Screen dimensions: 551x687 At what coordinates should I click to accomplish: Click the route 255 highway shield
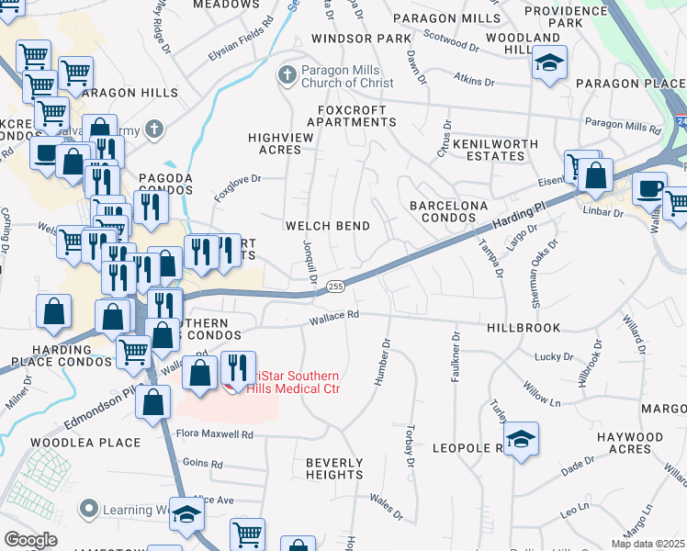coord(335,287)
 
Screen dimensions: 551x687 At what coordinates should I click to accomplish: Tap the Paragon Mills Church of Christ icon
coord(288,74)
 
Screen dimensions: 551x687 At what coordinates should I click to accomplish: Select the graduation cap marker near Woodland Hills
coord(549,63)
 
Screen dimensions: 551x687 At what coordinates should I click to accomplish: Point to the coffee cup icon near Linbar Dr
coord(648,188)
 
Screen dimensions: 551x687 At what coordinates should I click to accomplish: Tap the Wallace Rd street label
coord(332,315)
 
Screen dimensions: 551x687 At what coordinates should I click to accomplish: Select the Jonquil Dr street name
coord(310,261)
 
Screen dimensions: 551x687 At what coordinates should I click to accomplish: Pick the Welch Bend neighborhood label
coord(328,226)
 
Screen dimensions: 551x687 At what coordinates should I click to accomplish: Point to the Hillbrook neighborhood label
coord(522,326)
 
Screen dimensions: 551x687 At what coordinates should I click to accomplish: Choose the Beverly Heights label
coord(334,468)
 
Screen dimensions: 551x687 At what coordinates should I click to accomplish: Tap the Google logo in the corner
coord(30,539)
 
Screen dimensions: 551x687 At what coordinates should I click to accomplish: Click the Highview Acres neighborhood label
coord(275,142)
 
